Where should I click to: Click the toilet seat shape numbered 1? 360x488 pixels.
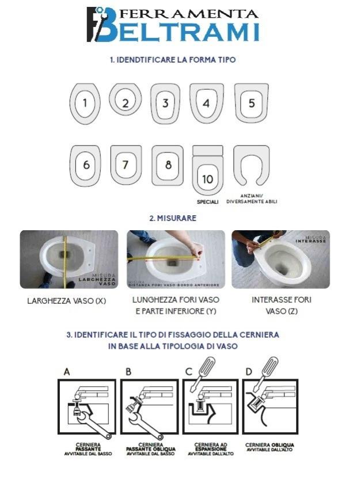85,104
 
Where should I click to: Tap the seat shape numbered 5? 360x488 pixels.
251,103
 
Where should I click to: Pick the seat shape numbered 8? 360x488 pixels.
168,165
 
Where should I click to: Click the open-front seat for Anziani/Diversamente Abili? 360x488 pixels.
251,165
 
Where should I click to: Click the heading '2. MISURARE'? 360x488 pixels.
173,218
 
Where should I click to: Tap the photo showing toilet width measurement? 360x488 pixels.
69,259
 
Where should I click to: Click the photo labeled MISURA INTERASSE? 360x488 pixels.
281,259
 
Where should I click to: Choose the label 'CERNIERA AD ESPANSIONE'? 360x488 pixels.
212,447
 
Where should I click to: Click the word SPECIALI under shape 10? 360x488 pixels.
207,202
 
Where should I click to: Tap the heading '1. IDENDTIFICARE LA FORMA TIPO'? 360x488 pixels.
173,59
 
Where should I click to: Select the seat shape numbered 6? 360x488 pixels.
86,165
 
